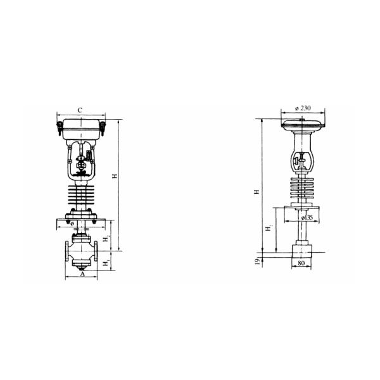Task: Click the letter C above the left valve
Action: [x=80, y=110]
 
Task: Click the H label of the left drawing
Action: [x=115, y=175]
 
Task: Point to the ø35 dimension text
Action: [x=308, y=217]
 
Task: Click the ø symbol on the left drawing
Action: [x=73, y=224]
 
